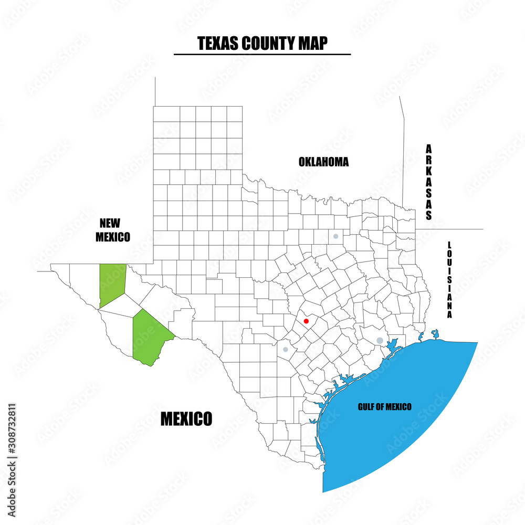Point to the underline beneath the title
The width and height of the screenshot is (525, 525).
click(262, 54)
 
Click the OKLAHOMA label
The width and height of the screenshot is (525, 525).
click(323, 162)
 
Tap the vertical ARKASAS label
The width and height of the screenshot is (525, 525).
click(429, 182)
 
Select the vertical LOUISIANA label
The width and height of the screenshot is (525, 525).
click(449, 280)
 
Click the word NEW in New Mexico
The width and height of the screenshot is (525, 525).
click(112, 224)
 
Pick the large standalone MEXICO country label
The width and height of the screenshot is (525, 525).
click(186, 419)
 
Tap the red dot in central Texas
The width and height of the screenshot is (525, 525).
click(306, 321)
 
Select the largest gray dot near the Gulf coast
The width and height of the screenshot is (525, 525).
click(380, 341)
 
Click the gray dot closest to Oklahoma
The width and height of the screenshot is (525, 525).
click(335, 236)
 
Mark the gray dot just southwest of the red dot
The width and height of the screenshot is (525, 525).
click(285, 349)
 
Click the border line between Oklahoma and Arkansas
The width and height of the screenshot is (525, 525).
click(403, 157)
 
